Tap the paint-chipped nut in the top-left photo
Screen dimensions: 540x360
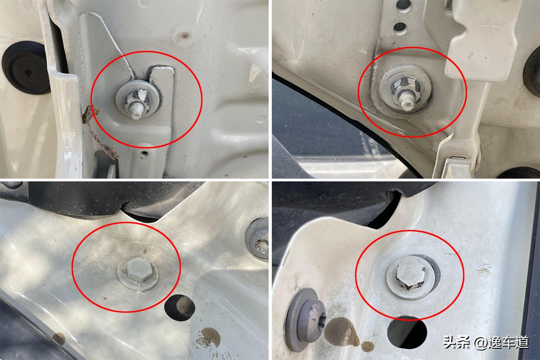pos(136,99)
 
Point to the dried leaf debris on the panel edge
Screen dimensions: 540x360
pos(99,131)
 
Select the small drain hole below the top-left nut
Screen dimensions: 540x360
pos(144,153)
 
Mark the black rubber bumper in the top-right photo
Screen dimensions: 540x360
pos(531,72)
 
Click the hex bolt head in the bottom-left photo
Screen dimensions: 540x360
pos(139,269)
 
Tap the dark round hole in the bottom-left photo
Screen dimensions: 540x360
pos(180,307)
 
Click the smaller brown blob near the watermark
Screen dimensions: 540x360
pos(367,346)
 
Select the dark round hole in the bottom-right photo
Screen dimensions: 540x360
pos(407,332)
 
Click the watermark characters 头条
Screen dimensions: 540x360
pos(457,342)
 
